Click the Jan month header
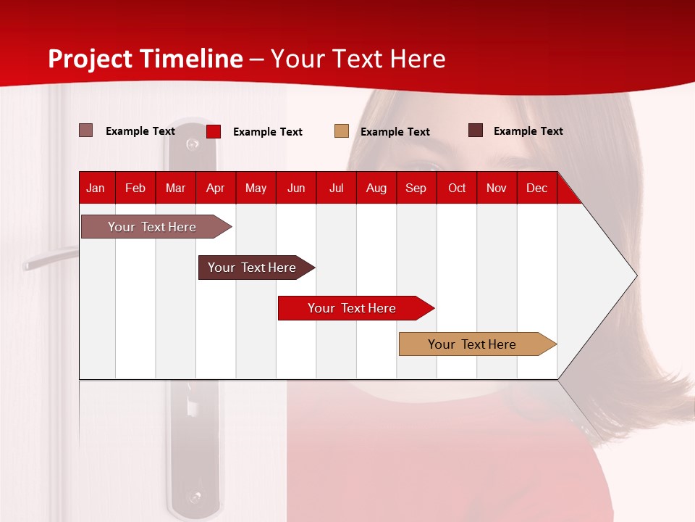pyautogui.click(x=96, y=188)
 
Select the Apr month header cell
pyautogui.click(x=216, y=188)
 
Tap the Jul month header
pyautogui.click(x=336, y=188)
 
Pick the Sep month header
pyautogui.click(x=416, y=188)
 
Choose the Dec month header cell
pyautogui.click(x=536, y=188)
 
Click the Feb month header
pyautogui.click(x=135, y=188)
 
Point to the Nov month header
pyautogui.click(x=497, y=188)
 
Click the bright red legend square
pyautogui.click(x=214, y=131)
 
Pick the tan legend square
pyautogui.click(x=342, y=131)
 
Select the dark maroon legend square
pyautogui.click(x=476, y=130)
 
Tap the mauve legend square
pyautogui.click(x=86, y=130)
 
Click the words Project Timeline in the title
pyautogui.click(x=145, y=59)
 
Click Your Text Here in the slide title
pyautogui.click(x=358, y=59)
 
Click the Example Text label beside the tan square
pyautogui.click(x=395, y=132)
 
